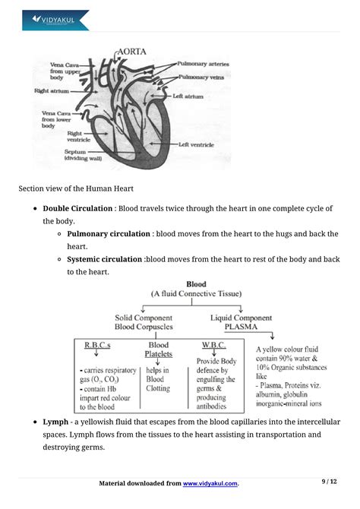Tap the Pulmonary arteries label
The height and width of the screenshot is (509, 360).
point(203,65)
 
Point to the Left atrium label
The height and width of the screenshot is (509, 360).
point(188,96)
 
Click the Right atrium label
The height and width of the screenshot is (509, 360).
point(52,90)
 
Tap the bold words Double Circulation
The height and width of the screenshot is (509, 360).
point(77,208)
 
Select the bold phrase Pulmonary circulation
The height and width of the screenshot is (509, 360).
point(107,233)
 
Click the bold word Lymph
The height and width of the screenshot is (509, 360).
point(56,421)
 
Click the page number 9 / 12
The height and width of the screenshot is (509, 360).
point(328,481)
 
